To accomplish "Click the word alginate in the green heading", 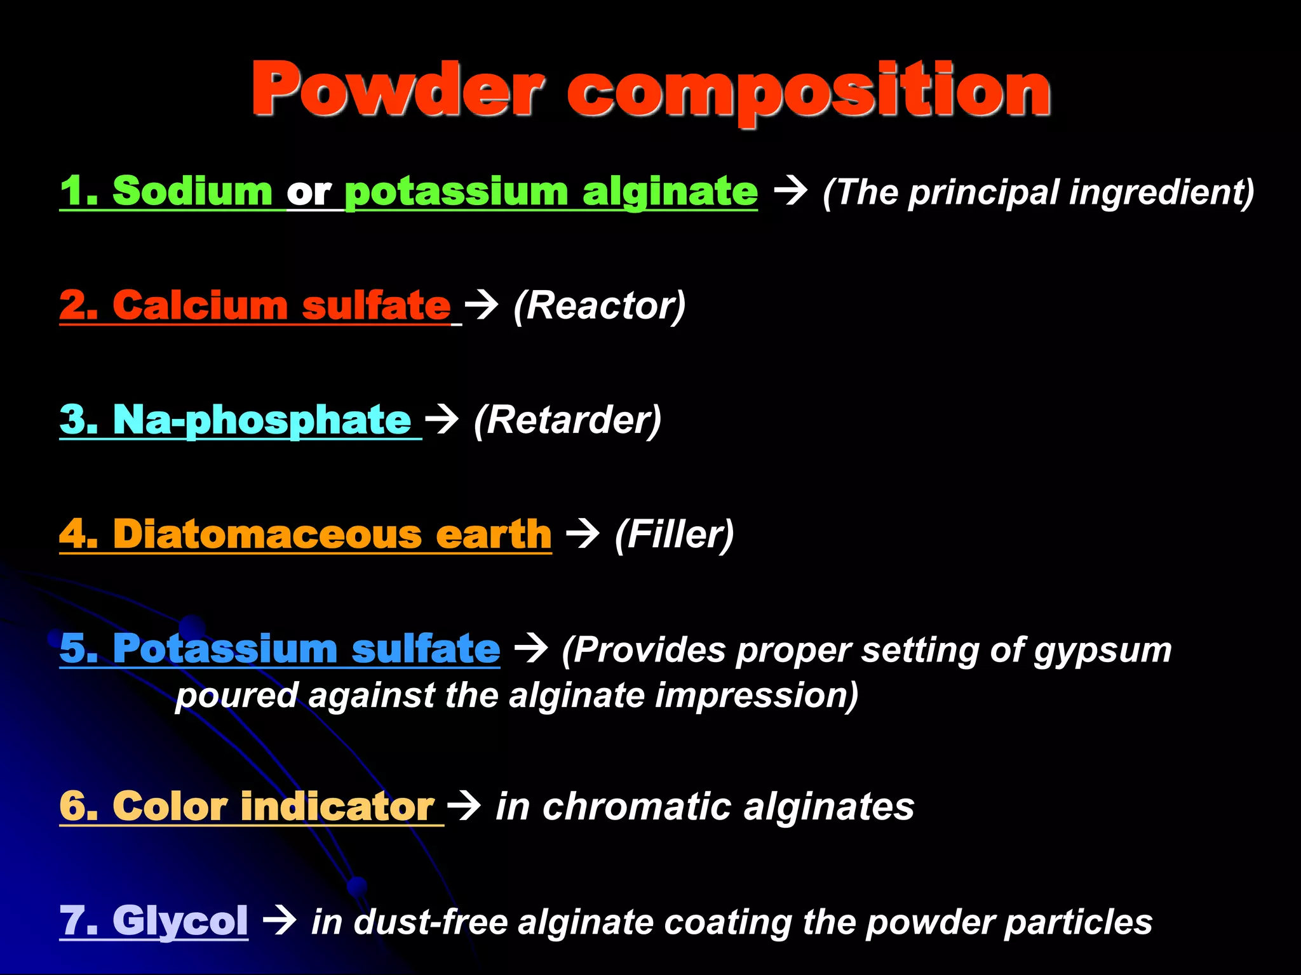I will point(670,192).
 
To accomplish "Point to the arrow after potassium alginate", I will point(791,190).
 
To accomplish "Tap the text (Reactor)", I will point(600,306).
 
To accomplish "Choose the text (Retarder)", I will point(567,420).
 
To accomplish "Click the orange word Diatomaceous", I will point(267,534).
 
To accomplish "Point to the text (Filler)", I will point(674,534).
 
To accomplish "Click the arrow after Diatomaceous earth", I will point(583,533).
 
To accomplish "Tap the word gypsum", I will point(1102,651).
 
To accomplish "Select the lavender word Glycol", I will point(180,920).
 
